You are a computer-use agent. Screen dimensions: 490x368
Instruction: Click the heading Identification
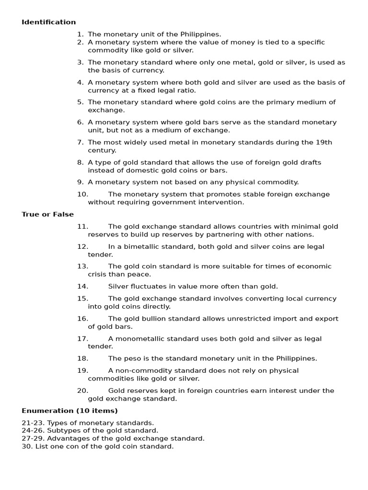click(x=48, y=22)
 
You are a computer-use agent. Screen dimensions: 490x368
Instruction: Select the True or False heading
click(x=47, y=214)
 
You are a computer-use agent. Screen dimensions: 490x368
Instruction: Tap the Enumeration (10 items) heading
click(x=69, y=411)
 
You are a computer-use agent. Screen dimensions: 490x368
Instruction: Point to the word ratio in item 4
click(x=185, y=90)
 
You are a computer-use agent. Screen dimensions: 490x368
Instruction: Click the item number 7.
click(x=80, y=142)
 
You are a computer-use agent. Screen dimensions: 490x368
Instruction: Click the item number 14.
click(x=82, y=286)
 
